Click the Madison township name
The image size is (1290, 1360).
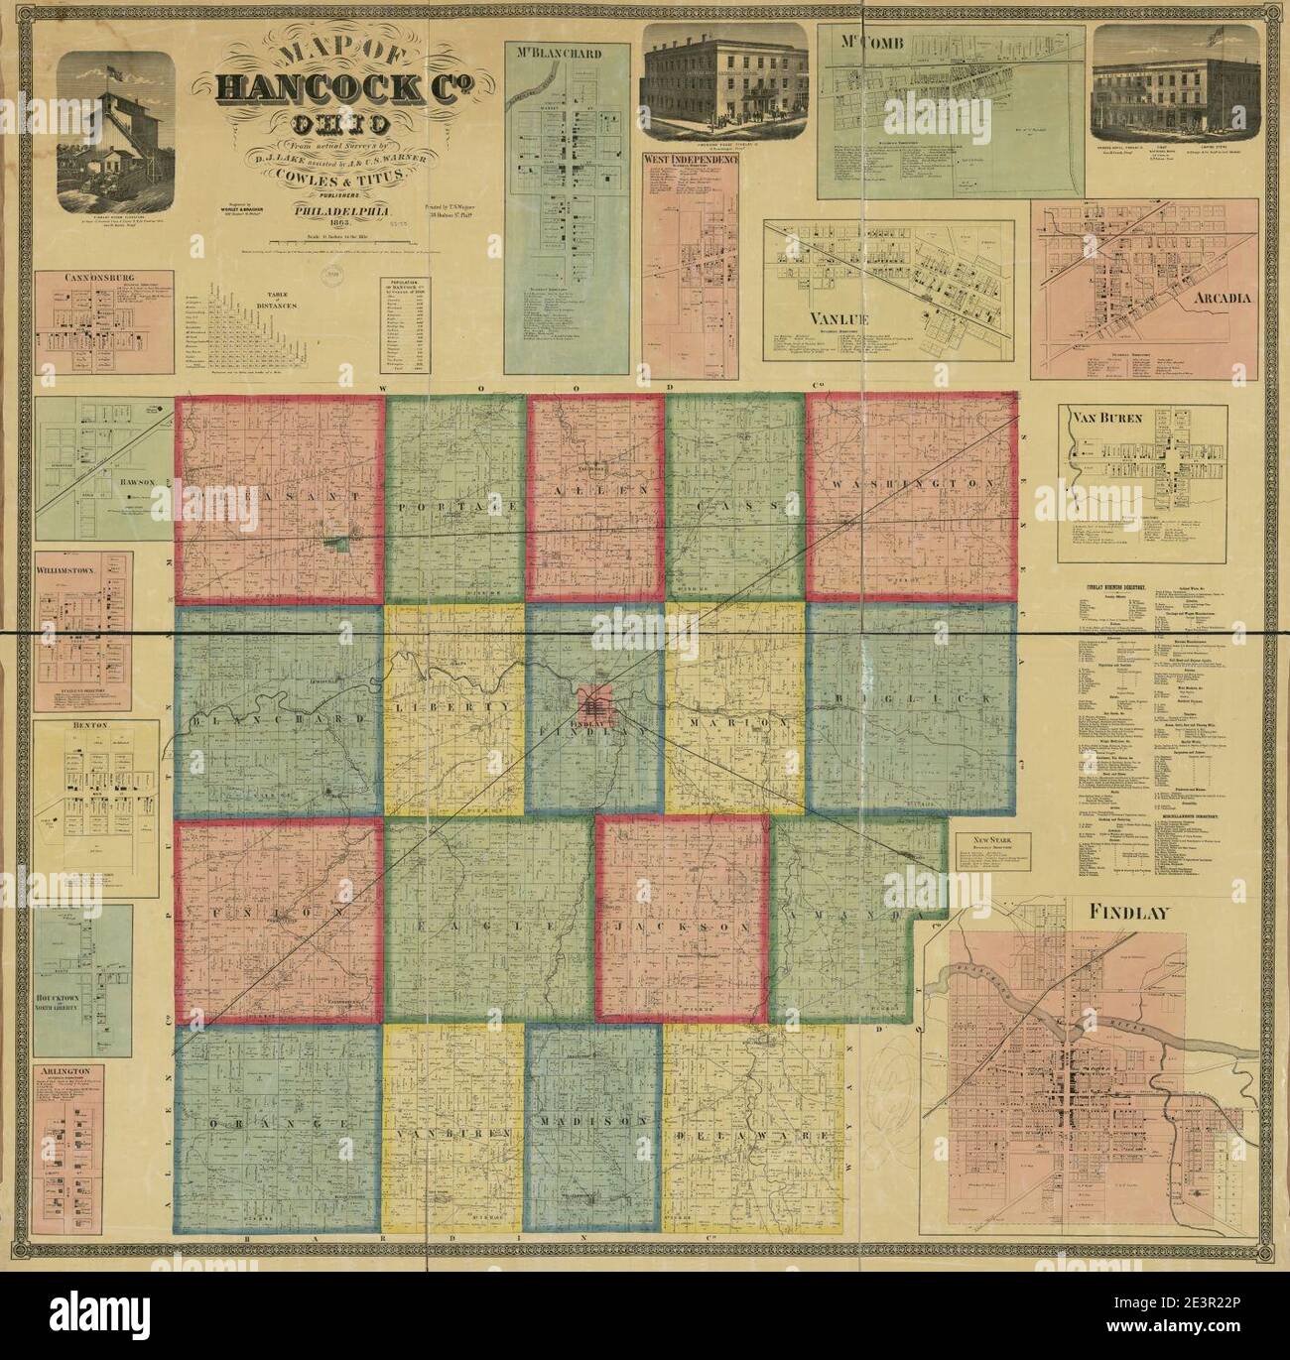pyautogui.click(x=592, y=1120)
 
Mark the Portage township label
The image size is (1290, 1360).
pyautogui.click(x=455, y=507)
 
